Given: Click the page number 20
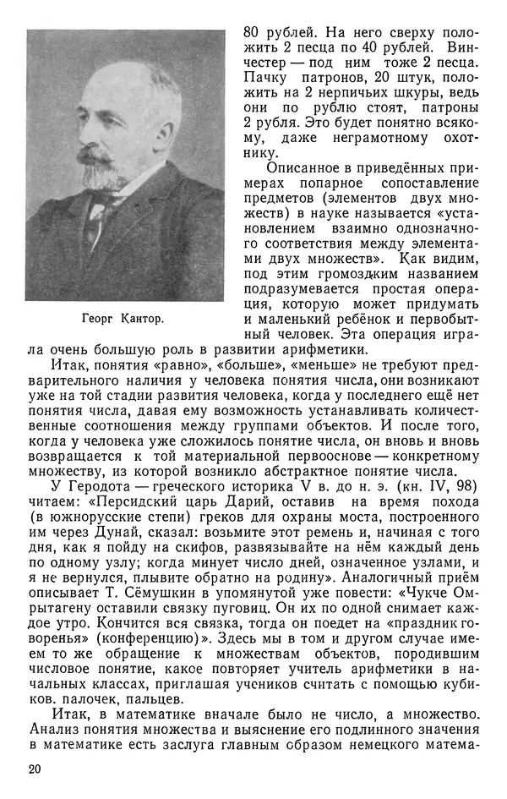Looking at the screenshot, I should (x=34, y=768).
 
